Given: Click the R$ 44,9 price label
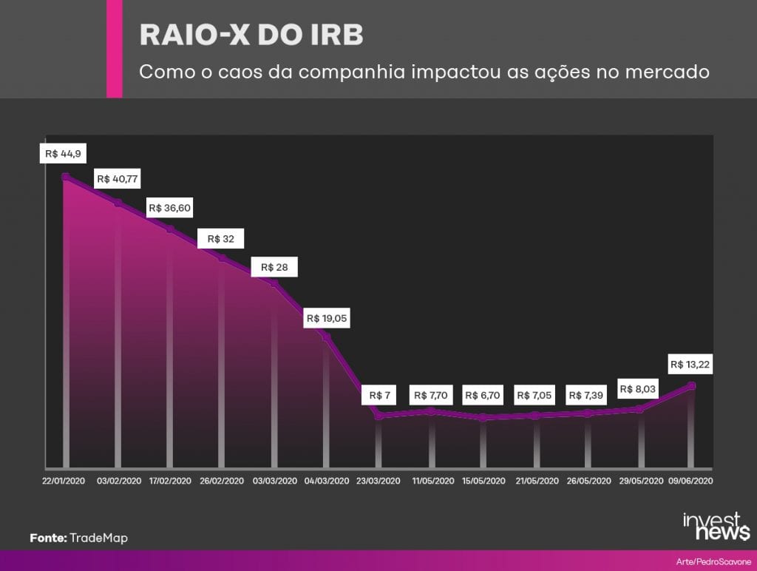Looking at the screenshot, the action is point(63,154).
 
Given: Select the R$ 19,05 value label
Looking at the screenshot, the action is point(326,318).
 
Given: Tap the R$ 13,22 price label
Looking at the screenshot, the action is point(690,364).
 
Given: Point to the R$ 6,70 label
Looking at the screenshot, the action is point(482,395).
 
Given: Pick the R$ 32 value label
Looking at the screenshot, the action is point(220,239).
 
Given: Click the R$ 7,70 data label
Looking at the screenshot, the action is point(431,395).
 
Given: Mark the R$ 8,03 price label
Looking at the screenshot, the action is point(637,389).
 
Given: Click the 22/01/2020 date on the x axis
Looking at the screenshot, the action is point(64,482).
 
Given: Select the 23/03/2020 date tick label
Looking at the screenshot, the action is point(378,482).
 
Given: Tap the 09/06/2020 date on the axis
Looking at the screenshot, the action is point(690,482).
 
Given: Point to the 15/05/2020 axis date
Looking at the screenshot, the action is point(483,482).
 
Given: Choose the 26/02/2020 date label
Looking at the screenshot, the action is point(222,482).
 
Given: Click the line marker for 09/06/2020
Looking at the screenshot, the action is point(691,385).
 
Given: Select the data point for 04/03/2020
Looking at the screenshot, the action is point(326,337).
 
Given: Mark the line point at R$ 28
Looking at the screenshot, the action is point(274,283).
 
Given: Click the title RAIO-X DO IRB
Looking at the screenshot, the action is point(251,35).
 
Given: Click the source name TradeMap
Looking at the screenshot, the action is point(98,538).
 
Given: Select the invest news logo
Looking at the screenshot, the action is point(716,526).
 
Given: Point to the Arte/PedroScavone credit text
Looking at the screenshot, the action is point(713,562).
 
